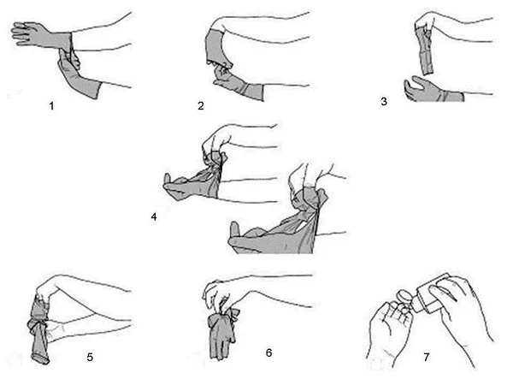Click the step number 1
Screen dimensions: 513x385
point(51,106)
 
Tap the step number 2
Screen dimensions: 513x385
point(201,106)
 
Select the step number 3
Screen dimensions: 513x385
point(384,102)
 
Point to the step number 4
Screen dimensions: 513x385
point(154,216)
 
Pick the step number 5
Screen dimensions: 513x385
point(90,357)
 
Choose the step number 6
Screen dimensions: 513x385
point(268,352)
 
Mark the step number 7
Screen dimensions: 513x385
point(427,357)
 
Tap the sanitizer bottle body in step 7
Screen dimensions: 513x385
point(431,292)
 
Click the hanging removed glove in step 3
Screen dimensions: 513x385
point(425,51)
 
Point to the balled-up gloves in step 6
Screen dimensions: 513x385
point(222,331)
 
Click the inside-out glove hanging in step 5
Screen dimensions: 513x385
point(39,329)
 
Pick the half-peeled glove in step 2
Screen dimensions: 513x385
point(217,47)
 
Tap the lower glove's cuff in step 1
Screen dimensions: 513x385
point(94,88)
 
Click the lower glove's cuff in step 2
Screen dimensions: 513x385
point(255,92)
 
